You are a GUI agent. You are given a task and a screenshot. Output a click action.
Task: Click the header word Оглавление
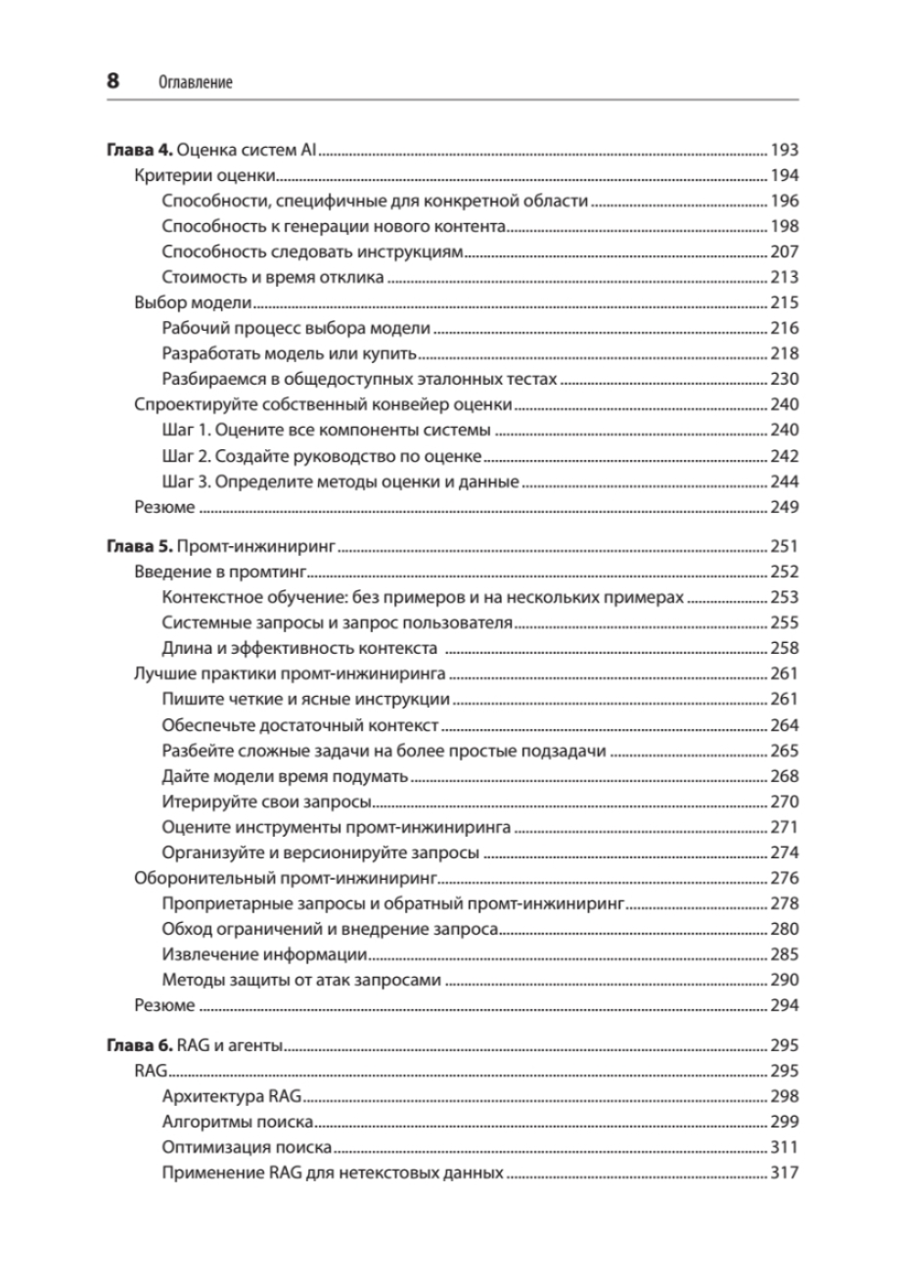coord(195,83)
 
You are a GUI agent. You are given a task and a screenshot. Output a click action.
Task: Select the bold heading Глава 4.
coord(139,151)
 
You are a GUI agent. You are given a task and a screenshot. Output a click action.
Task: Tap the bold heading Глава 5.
coord(139,546)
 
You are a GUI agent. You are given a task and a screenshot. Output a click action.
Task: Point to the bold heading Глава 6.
coord(139,1045)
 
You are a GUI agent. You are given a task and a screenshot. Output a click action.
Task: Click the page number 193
coord(785,151)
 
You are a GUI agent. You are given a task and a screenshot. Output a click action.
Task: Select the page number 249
coord(785,507)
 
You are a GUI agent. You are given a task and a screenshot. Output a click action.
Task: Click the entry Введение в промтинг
coord(220,572)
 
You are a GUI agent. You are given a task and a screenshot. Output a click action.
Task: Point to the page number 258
coord(785,648)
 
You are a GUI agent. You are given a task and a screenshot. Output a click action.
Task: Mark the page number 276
coord(785,878)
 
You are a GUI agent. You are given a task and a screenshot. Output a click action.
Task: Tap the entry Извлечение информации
coord(264,954)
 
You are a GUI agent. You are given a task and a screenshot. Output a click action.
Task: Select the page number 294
coord(785,1005)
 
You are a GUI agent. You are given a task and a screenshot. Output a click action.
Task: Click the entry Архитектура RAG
coord(234,1096)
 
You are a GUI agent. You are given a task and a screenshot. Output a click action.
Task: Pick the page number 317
coord(785,1172)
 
